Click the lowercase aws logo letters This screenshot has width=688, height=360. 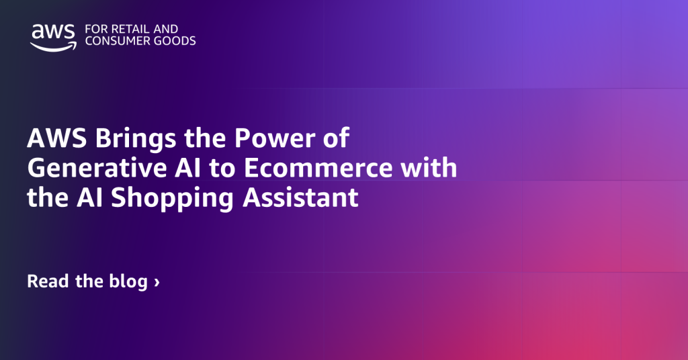click(x=53, y=31)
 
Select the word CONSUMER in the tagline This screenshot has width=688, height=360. click(x=115, y=41)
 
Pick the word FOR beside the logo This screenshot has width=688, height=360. click(x=95, y=30)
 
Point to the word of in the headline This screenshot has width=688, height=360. click(x=335, y=139)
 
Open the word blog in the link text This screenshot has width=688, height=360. click(x=127, y=281)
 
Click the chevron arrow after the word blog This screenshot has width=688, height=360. click(x=157, y=282)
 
